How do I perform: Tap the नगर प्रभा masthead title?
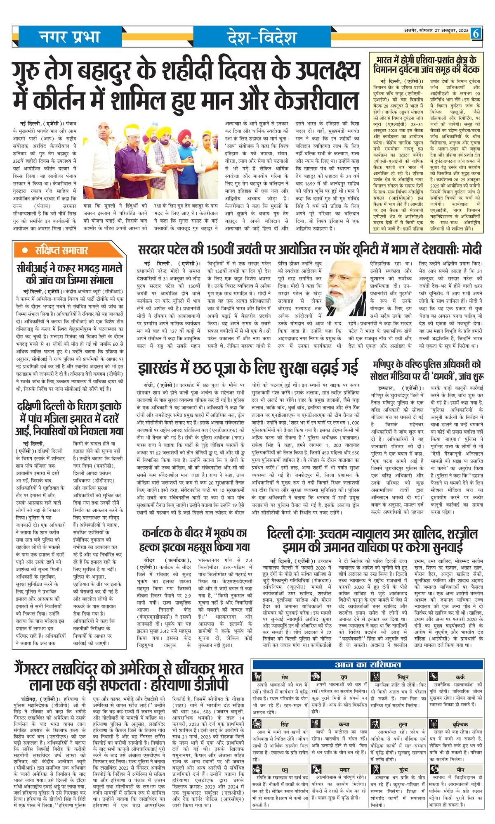tap(70, 37)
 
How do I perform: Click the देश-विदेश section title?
tap(262, 38)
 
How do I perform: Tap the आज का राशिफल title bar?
tap(368, 665)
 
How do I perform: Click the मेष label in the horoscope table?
tap(285, 677)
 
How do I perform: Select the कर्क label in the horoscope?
tap(460, 677)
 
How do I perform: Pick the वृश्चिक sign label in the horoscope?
tap(460, 724)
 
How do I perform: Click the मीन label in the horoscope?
tap(460, 770)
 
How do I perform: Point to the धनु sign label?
tap(285, 770)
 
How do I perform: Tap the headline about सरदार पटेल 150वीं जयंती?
tap(310, 250)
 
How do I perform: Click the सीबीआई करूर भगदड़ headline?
tap(70, 274)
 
